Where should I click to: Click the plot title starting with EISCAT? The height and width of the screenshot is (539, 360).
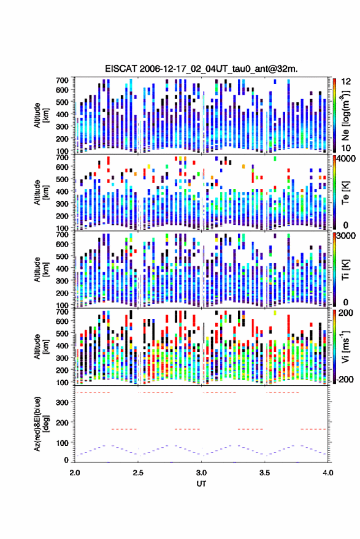[x=201, y=69]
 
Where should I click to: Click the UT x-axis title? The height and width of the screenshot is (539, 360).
[x=201, y=484]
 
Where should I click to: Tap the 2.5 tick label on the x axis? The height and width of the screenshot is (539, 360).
[x=138, y=473]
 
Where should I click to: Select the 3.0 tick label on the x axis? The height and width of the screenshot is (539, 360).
[x=201, y=473]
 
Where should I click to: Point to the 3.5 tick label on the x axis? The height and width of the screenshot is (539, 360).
[x=264, y=473]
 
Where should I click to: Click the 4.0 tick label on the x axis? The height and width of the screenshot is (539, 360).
[x=328, y=473]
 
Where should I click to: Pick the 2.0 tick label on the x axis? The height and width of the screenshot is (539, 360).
[x=75, y=473]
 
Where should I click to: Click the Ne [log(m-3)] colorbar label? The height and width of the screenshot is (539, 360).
[x=345, y=115]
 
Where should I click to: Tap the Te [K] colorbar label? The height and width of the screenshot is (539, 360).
[x=345, y=193]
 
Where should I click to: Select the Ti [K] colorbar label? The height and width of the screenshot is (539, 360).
[x=345, y=270]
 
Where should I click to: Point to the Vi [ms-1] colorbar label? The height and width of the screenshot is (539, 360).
[x=345, y=346]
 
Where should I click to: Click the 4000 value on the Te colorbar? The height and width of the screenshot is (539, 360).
[x=346, y=159]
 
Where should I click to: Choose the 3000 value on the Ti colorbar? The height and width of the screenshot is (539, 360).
[x=346, y=236]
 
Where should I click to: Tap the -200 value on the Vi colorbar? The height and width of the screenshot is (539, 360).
[x=345, y=379]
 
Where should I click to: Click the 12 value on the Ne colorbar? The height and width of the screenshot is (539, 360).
[x=346, y=82]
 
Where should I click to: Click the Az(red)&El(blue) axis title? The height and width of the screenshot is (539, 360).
[x=40, y=424]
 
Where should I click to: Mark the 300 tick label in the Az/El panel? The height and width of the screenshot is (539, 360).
[x=62, y=402]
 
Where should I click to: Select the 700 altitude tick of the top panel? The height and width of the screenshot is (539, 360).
[x=62, y=80]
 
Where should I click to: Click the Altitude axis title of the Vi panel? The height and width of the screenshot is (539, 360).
[x=40, y=346]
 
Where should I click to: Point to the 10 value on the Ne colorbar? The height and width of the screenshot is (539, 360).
[x=346, y=148]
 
